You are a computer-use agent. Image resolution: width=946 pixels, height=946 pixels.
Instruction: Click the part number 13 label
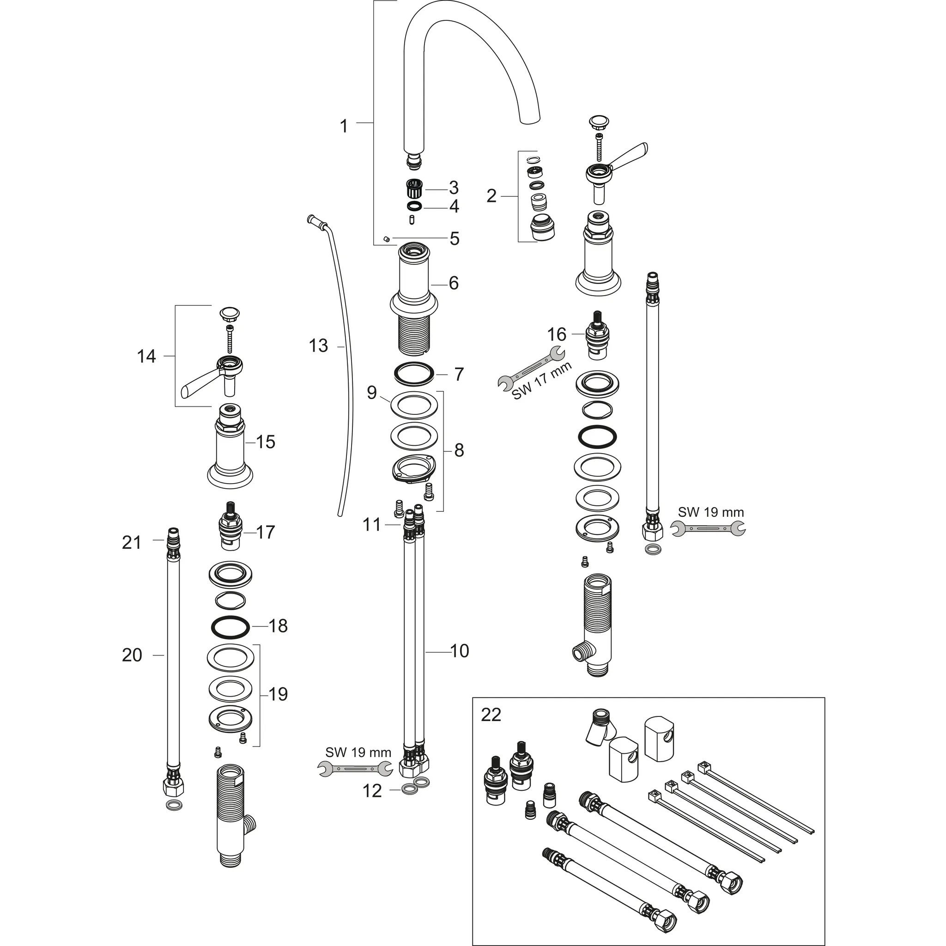pos(318,346)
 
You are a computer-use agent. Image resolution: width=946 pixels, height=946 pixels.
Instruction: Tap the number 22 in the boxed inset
pos(491,715)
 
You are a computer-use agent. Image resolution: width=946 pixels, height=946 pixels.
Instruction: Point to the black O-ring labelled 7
pos(414,374)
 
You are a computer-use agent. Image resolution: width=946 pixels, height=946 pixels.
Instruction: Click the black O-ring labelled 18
pos(230,627)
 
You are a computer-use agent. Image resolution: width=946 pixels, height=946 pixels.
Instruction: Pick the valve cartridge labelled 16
pos(596,335)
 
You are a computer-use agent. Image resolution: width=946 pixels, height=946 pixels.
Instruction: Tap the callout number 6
pos(454,283)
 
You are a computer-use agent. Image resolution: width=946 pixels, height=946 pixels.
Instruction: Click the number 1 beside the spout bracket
pos(344,126)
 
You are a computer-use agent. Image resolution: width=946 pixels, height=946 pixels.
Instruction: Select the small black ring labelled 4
pos(414,205)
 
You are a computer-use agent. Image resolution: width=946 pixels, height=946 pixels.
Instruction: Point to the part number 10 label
pos(459,651)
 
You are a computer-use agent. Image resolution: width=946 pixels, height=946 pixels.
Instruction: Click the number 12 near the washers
pos(372,791)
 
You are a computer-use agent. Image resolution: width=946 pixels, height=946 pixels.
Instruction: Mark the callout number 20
pos(132,655)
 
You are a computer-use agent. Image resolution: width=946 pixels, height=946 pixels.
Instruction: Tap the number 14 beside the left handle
pos(146,356)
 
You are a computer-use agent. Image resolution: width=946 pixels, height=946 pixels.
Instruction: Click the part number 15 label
pos(266,442)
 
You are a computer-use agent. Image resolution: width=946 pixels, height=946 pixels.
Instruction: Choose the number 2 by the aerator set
pos(491,196)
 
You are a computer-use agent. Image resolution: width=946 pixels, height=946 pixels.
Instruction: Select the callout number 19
pos(278,694)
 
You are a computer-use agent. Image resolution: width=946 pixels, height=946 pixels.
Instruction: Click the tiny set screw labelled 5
pos(386,238)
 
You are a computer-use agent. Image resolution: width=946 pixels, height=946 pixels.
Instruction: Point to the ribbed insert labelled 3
pos(414,188)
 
